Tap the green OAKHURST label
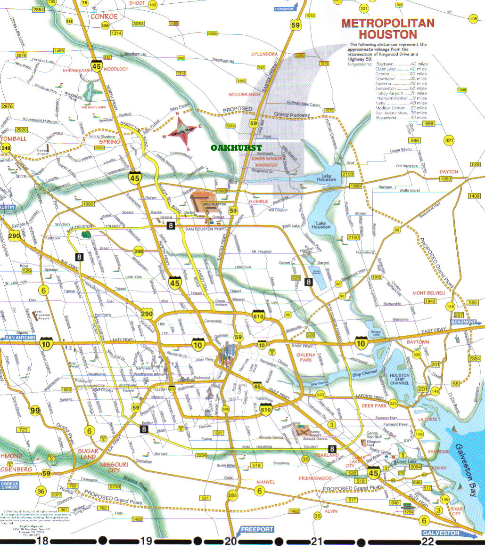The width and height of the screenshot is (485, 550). [x=236, y=148]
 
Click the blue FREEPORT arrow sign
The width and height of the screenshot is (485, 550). [x=257, y=529]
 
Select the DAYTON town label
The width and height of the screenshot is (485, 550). [x=448, y=172]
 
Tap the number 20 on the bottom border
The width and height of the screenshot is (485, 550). [x=230, y=542]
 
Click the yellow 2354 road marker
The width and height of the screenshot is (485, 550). [x=476, y=359]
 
